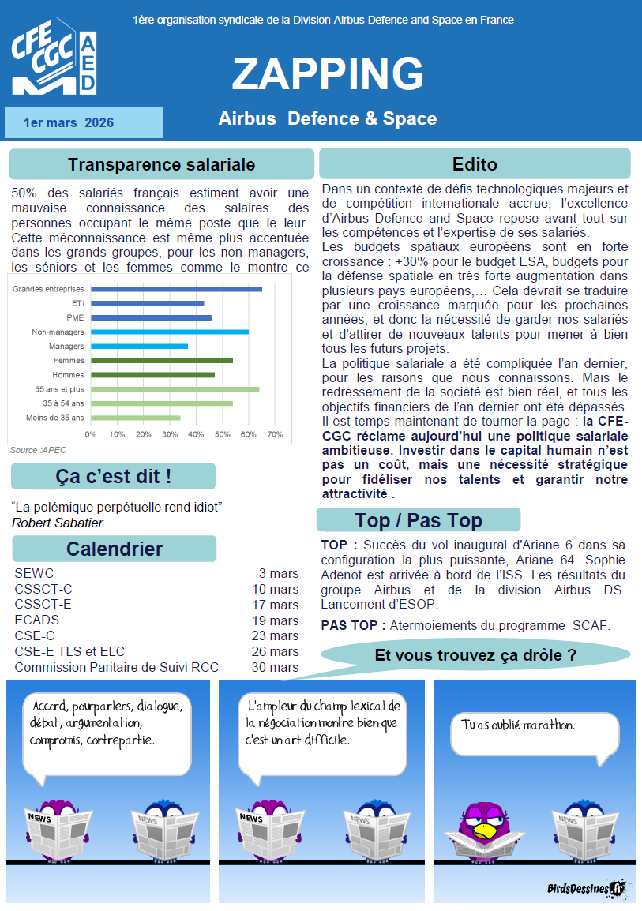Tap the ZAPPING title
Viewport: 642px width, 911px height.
328,73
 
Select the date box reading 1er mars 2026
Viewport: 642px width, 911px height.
83,122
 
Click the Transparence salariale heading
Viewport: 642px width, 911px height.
161,164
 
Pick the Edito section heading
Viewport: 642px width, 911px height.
475,164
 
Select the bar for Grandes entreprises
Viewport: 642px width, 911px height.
176,289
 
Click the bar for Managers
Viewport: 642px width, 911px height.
139,346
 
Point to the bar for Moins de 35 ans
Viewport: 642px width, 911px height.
135,418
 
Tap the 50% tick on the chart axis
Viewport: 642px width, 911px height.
223,434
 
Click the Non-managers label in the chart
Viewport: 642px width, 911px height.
58,332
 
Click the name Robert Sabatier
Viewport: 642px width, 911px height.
57,523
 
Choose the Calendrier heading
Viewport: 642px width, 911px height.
114,549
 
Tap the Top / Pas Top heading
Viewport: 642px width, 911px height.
419,520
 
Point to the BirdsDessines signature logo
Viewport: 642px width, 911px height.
585,889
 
